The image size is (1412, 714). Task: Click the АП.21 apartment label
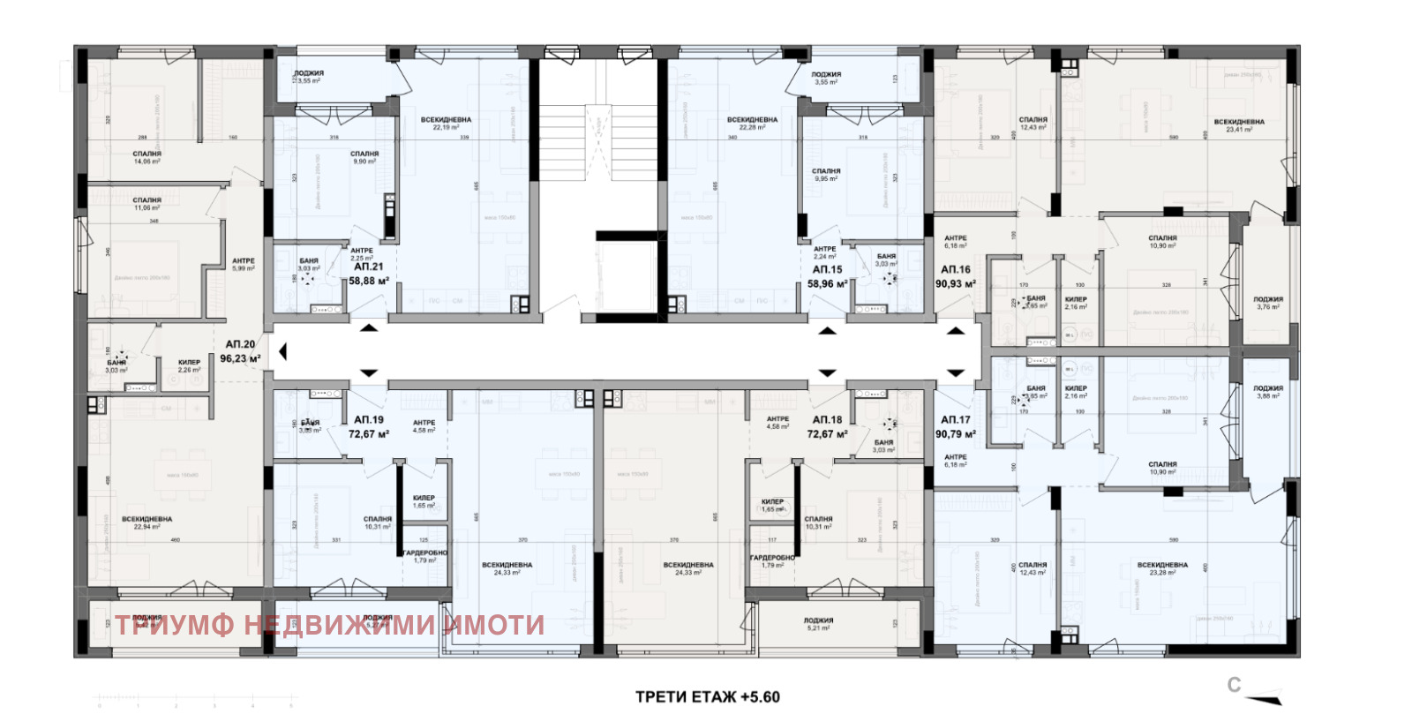(x=368, y=267)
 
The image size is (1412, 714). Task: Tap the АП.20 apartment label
(x=240, y=344)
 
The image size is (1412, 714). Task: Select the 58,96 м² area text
(x=827, y=284)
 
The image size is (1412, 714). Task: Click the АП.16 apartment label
(x=955, y=270)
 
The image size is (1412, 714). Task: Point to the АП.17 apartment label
(x=955, y=420)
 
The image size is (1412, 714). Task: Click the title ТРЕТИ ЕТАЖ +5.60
(x=707, y=696)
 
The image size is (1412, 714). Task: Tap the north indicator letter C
(x=1234, y=685)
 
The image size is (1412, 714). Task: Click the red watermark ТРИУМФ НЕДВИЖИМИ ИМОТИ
(x=329, y=625)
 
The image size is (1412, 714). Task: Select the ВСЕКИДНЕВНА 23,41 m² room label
(x=1238, y=125)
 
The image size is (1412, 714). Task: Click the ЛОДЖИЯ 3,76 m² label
(x=1268, y=303)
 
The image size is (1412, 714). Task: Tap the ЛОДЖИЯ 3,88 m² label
(x=1268, y=392)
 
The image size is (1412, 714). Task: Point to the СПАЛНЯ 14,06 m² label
(x=146, y=157)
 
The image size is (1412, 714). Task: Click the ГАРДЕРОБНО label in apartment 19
(x=424, y=556)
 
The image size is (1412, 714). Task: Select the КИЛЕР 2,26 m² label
(x=189, y=365)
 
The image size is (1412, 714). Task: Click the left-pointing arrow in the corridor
(x=282, y=352)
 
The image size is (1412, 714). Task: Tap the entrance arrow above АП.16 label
(x=955, y=331)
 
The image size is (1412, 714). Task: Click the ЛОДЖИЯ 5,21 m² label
(x=818, y=624)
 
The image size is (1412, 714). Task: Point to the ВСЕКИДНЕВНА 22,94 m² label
(x=146, y=522)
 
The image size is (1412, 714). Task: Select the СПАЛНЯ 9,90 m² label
(x=364, y=157)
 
